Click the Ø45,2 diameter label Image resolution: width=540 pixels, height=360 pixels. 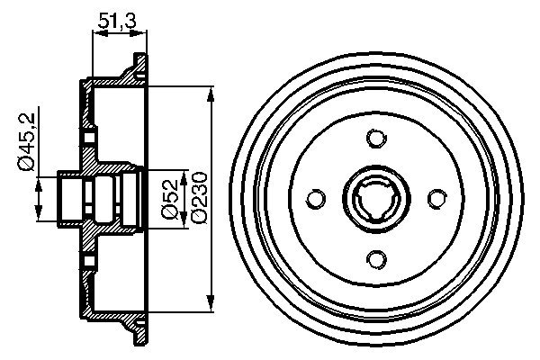click(26, 142)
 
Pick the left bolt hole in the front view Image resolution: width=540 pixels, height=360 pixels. click(314, 198)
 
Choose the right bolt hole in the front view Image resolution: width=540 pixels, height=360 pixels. click(436, 198)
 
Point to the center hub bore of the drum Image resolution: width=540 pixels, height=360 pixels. click(375, 198)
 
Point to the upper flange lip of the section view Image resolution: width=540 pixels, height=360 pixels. click(136, 67)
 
